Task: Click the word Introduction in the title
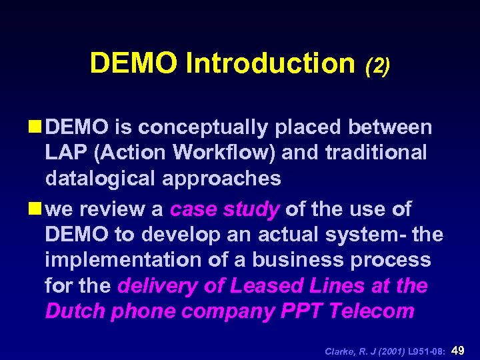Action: (x=271, y=63)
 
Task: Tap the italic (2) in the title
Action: (x=377, y=65)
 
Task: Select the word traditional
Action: (x=375, y=153)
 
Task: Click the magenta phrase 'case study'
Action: (x=225, y=210)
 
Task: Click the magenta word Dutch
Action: (x=75, y=311)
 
